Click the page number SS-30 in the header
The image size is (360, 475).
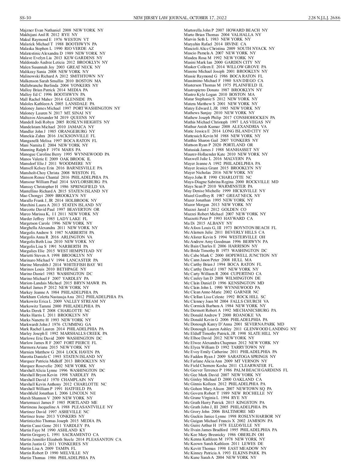25,18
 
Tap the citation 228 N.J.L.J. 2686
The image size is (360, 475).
324,18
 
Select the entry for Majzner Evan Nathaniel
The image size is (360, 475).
61,30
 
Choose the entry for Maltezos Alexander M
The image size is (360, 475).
57,117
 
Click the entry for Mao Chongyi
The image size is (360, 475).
53,195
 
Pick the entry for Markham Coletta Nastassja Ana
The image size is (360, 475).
71,297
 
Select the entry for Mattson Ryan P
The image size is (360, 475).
218,145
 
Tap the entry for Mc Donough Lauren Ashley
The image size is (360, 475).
240,329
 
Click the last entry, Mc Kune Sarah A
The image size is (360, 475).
220,457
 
